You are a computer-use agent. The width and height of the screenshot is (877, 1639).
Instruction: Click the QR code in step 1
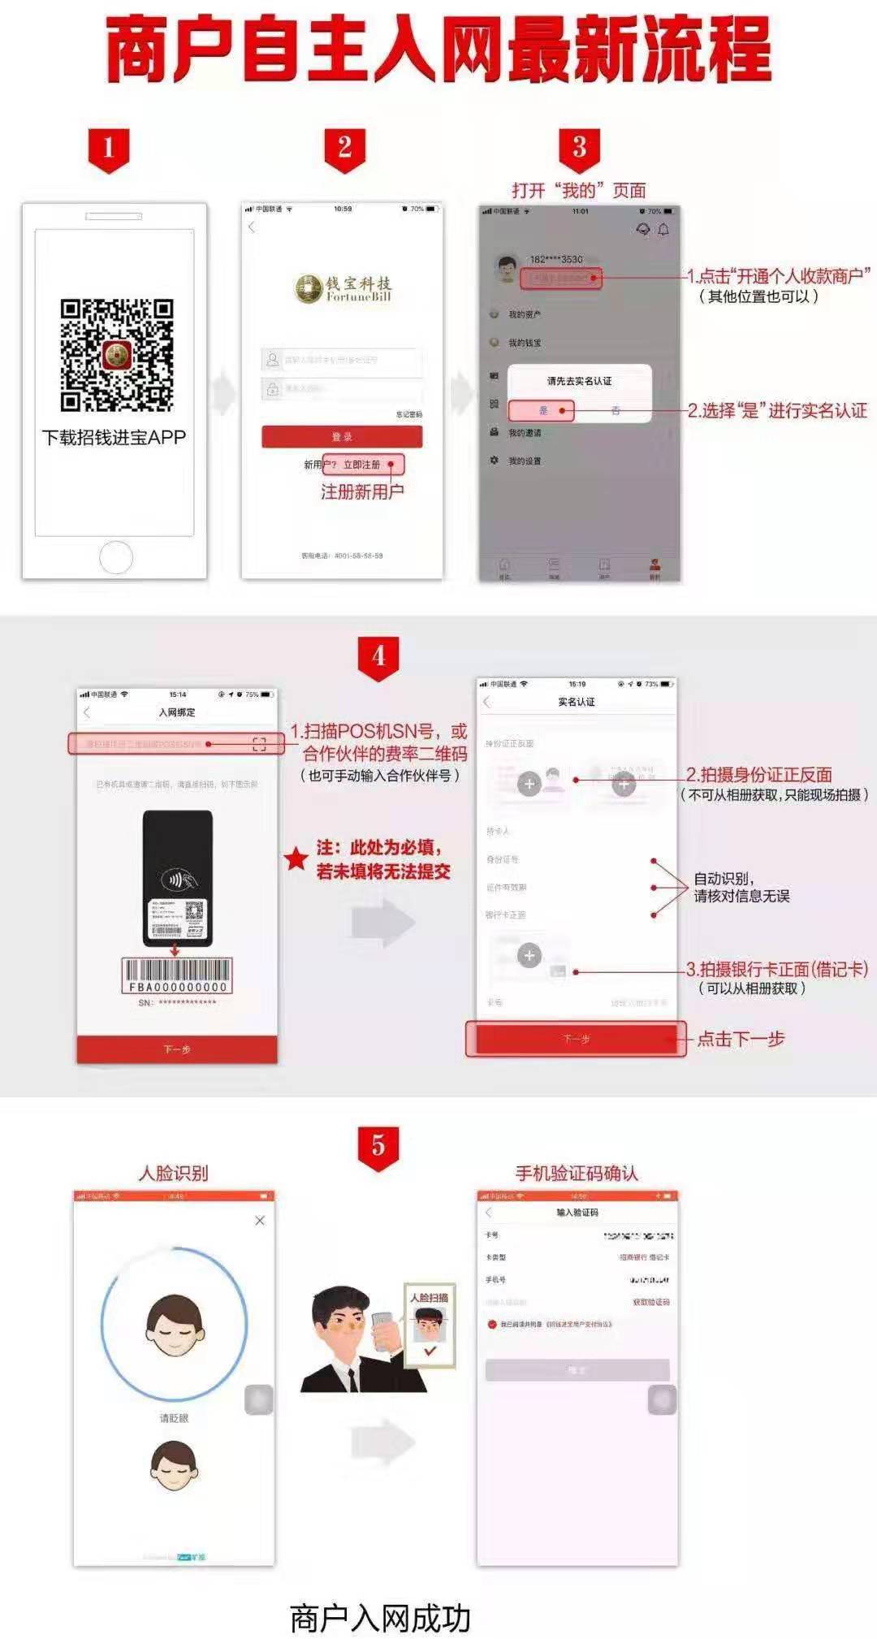(x=117, y=355)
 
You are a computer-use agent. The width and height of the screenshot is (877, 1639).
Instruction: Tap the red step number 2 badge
(x=344, y=149)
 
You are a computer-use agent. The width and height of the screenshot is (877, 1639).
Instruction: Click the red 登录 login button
(x=342, y=437)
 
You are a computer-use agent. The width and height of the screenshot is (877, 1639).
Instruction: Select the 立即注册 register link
(x=361, y=465)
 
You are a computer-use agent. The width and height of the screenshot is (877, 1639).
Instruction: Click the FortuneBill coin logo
(x=309, y=288)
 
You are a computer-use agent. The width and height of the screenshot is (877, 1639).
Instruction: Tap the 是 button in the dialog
(x=542, y=411)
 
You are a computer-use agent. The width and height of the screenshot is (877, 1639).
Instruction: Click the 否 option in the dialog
(x=616, y=411)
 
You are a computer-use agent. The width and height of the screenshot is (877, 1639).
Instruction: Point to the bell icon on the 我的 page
(x=663, y=230)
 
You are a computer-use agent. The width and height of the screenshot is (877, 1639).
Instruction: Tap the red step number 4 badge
(x=378, y=655)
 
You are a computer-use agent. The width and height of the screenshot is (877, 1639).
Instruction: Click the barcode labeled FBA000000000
(x=178, y=975)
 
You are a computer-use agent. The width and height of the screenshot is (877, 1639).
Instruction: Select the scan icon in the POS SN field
(x=259, y=744)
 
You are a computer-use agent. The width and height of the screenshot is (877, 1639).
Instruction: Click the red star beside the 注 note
(x=296, y=858)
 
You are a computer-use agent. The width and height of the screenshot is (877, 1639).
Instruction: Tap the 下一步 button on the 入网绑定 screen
(x=177, y=1049)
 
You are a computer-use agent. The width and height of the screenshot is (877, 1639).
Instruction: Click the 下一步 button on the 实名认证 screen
(x=576, y=1039)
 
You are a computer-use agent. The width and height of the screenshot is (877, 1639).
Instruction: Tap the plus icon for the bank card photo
(x=529, y=955)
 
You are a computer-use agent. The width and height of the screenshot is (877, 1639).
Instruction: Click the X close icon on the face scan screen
(x=260, y=1221)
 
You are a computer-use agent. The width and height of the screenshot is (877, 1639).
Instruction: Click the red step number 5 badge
(x=378, y=1146)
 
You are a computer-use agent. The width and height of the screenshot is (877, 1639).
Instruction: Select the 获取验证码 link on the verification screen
(x=651, y=1303)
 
